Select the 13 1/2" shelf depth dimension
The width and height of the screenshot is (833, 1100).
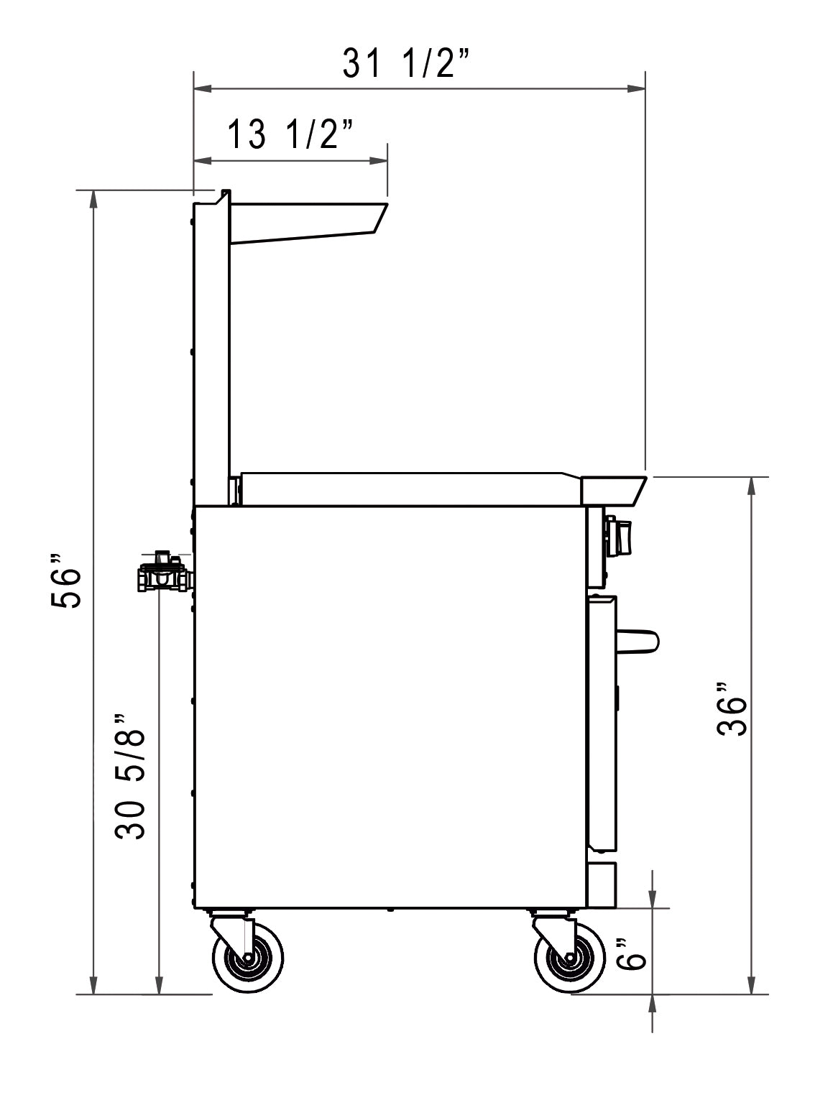[x=290, y=134]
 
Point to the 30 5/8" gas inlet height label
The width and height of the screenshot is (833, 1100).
[x=130, y=776]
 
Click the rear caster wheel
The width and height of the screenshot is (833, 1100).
[x=247, y=957]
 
